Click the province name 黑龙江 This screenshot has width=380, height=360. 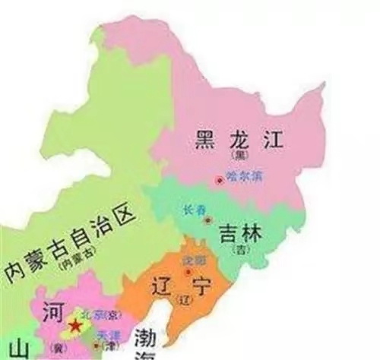click(x=227, y=140)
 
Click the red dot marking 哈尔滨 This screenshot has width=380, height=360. click(x=220, y=180)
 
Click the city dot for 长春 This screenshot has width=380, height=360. click(x=207, y=219)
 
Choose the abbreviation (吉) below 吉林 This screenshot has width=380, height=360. click(x=239, y=250)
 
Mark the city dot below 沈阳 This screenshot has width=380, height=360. click(x=188, y=270)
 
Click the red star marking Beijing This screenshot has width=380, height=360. click(x=74, y=325)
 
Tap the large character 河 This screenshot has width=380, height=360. click(x=52, y=311)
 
